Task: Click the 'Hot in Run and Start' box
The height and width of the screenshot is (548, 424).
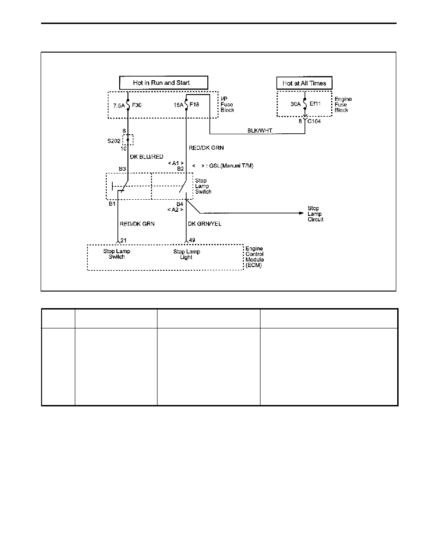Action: pyautogui.click(x=164, y=83)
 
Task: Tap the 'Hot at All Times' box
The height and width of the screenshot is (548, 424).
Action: pyautogui.click(x=304, y=83)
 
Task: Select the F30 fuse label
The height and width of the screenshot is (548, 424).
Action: pyautogui.click(x=137, y=105)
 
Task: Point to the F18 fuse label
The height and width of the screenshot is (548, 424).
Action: pyautogui.click(x=194, y=105)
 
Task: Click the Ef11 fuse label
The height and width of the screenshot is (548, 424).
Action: pyautogui.click(x=315, y=104)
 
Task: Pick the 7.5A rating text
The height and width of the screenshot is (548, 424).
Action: pyautogui.click(x=119, y=106)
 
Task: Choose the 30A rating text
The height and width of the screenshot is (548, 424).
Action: pyautogui.click(x=296, y=104)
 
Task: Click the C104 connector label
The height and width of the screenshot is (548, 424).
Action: pyautogui.click(x=314, y=121)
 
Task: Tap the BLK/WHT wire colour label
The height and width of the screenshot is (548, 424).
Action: pyautogui.click(x=260, y=131)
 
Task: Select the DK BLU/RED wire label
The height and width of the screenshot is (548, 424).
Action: pyautogui.click(x=146, y=157)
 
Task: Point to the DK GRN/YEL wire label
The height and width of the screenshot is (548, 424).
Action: pyautogui.click(x=205, y=224)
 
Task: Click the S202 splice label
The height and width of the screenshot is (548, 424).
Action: pyautogui.click(x=114, y=141)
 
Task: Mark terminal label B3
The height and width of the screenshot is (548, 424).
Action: pyautogui.click(x=122, y=169)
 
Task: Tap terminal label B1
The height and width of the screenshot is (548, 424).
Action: pyautogui.click(x=112, y=204)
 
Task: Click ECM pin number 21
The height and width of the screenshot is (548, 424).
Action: pyautogui.click(x=123, y=240)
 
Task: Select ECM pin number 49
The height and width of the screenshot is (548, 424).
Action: pyautogui.click(x=192, y=240)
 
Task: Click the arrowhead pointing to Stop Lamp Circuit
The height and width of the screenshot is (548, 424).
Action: pyautogui.click(x=301, y=213)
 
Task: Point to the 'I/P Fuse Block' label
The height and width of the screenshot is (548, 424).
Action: pyautogui.click(x=227, y=105)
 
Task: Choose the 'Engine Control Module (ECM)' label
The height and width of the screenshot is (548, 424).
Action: pyautogui.click(x=254, y=257)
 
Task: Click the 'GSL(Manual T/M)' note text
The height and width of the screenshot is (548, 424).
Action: pyautogui.click(x=231, y=166)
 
